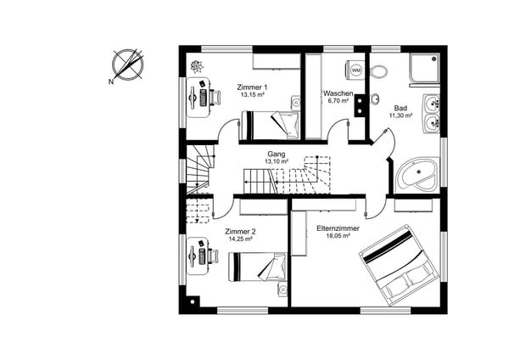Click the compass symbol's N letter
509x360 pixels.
tap(111, 82)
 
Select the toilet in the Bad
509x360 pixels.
tap(378, 71)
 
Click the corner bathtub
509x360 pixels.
tap(417, 173)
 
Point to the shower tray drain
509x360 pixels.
tap(434, 59)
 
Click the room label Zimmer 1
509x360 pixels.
tap(252, 87)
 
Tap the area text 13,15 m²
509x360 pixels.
tap(252, 95)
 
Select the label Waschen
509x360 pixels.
tap(338, 93)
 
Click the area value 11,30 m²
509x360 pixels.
tap(400, 115)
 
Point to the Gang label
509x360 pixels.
tap(277, 154)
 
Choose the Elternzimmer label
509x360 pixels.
tap(338, 228)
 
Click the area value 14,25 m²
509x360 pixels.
tap(241, 239)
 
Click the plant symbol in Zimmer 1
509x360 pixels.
tap(197, 66)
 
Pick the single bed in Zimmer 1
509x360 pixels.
tap(270, 126)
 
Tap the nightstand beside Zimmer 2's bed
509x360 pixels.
tap(282, 290)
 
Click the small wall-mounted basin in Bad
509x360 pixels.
tap(375, 98)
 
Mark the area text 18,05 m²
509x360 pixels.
tap(338, 236)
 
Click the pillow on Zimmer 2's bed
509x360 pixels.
tap(274, 267)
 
